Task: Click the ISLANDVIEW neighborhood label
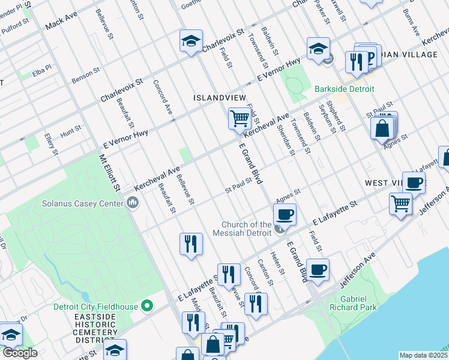(x=218, y=97)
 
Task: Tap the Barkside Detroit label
(x=345, y=89)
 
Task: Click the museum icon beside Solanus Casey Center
(x=133, y=203)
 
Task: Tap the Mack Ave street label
(x=62, y=23)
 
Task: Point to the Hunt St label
(x=70, y=128)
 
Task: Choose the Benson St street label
(x=86, y=75)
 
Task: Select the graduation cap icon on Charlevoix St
(x=191, y=41)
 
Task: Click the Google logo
(x=20, y=353)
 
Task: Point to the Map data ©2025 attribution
(x=423, y=355)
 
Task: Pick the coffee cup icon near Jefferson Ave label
(x=318, y=269)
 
